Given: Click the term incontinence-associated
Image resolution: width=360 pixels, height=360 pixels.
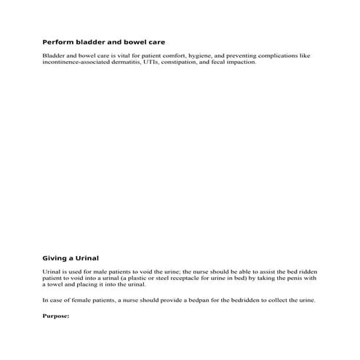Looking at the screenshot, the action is pyautogui.click(x=75, y=63).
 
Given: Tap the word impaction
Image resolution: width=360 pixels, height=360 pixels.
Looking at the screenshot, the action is pyautogui.click(x=241, y=63).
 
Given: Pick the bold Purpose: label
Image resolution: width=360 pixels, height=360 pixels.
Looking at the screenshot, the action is pyautogui.click(x=56, y=316).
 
